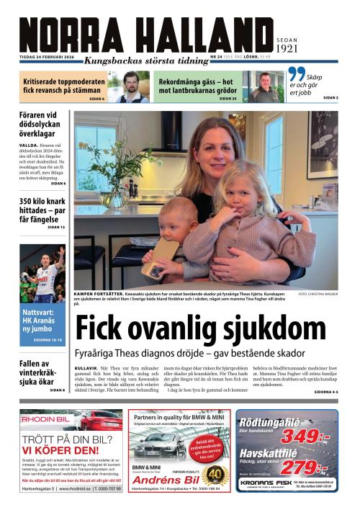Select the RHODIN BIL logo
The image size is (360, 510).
44,419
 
